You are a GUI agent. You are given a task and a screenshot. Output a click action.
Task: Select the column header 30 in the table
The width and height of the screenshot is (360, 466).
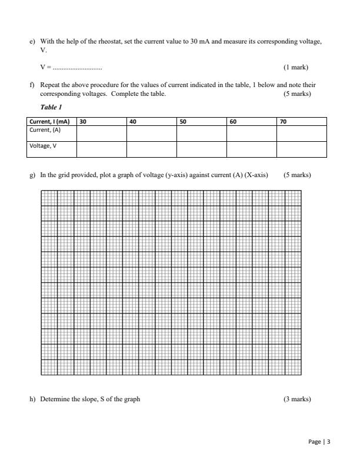click(x=83, y=121)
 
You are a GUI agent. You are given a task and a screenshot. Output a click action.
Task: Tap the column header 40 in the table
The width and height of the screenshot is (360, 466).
click(x=133, y=121)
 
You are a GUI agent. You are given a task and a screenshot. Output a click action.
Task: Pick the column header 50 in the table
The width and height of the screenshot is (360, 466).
click(x=183, y=121)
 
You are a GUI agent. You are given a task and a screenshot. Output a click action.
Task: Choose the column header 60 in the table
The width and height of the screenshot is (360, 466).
click(x=233, y=121)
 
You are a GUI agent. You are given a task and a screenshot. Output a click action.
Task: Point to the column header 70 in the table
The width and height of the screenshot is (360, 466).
click(x=284, y=121)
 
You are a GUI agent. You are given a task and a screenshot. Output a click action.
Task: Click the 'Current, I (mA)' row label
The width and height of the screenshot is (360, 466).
click(x=49, y=121)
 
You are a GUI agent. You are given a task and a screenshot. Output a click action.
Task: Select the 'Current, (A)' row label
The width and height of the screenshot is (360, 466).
click(x=45, y=129)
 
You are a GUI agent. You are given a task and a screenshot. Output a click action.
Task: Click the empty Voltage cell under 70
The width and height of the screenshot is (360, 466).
click(x=301, y=149)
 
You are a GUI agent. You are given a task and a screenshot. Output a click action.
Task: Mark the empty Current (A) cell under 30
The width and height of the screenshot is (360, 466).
click(x=101, y=133)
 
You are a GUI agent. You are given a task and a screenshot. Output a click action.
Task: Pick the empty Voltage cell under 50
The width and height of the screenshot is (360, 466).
click(x=201, y=149)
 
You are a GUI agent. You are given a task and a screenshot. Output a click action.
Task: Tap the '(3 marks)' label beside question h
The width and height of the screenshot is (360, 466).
click(x=297, y=399)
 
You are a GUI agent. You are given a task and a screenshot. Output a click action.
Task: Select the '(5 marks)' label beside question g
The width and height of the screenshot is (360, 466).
click(x=297, y=175)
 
